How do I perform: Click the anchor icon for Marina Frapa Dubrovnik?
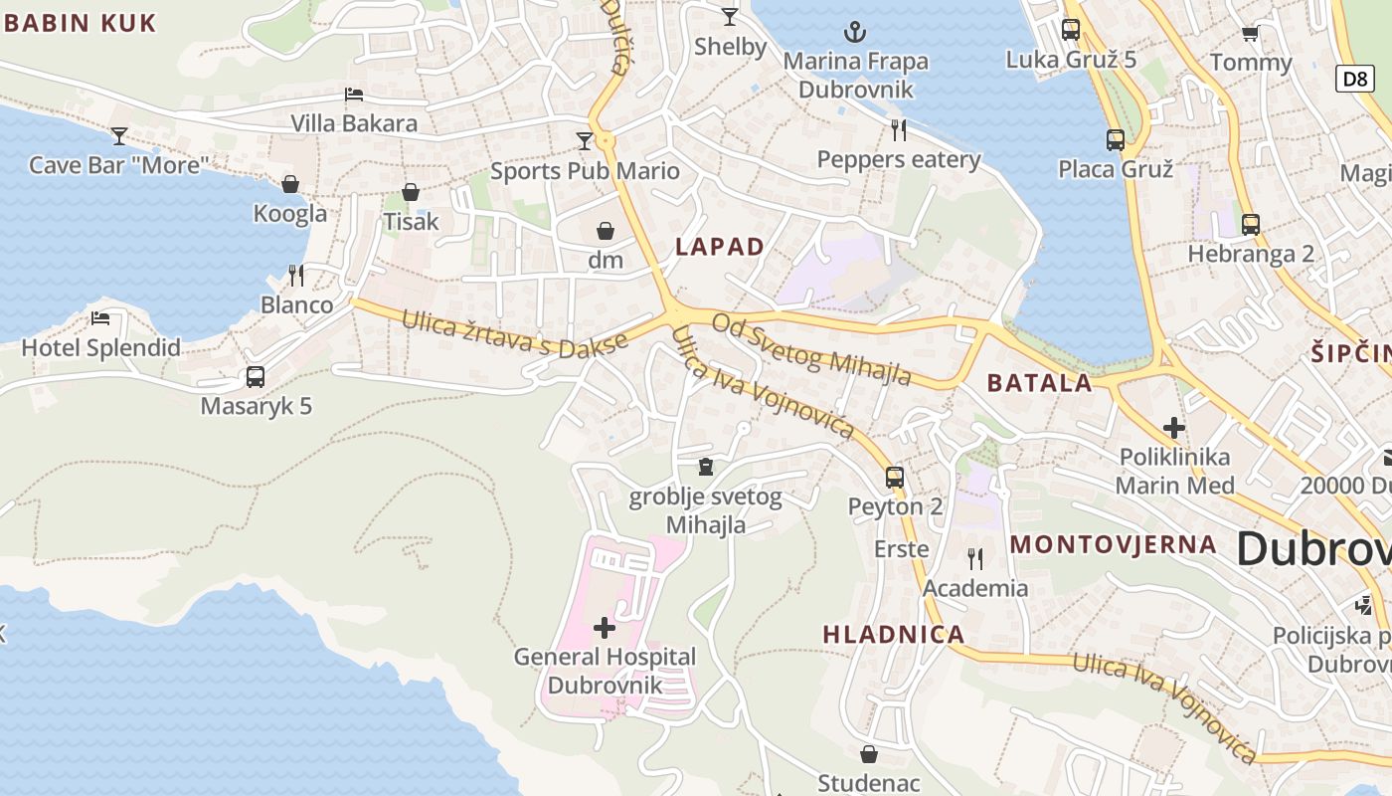click(x=854, y=32)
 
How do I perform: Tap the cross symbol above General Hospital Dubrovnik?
click(x=604, y=628)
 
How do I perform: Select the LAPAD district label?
click(x=720, y=247)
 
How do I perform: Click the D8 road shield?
click(x=1354, y=79)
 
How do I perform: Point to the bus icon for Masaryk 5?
click(x=256, y=377)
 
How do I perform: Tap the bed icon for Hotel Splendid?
click(x=100, y=318)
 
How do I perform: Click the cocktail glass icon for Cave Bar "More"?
click(x=119, y=135)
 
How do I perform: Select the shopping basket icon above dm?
click(x=605, y=231)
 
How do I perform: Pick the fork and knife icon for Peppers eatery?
click(x=899, y=129)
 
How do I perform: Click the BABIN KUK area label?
click(x=81, y=24)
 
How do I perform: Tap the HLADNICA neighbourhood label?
click(x=893, y=634)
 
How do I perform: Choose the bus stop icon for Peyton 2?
click(x=895, y=477)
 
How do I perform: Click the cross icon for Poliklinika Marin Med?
click(x=1174, y=428)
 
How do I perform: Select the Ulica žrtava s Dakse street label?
click(x=514, y=334)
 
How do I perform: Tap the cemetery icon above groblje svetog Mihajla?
click(x=706, y=466)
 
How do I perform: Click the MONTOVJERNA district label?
click(x=1113, y=544)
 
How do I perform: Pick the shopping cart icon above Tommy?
click(x=1250, y=33)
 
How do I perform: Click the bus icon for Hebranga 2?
click(x=1251, y=224)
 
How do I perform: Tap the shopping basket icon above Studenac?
click(x=869, y=754)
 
